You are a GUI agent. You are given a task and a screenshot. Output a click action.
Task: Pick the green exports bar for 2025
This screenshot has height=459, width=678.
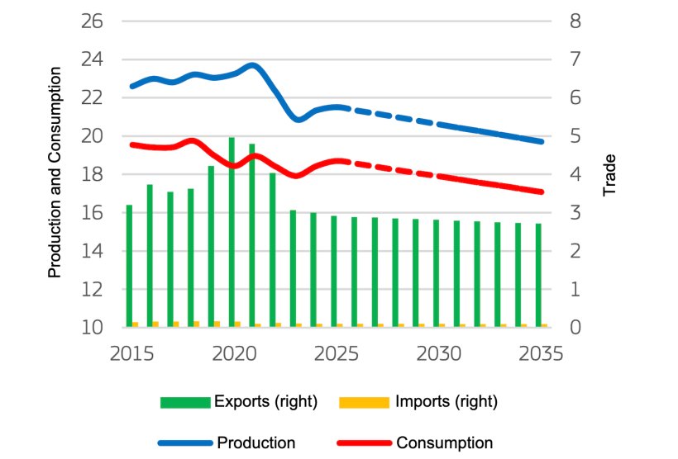pyautogui.click(x=334, y=272)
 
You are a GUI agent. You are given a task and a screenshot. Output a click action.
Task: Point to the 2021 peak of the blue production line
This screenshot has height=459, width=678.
pyautogui.click(x=253, y=65)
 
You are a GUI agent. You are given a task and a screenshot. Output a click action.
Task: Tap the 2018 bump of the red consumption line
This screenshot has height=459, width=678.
pyautogui.click(x=192, y=140)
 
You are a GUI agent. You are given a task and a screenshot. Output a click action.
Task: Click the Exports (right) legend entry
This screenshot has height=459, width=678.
pyautogui.click(x=240, y=402)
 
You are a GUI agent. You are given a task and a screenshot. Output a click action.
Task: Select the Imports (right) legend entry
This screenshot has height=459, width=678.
pyautogui.click(x=418, y=402)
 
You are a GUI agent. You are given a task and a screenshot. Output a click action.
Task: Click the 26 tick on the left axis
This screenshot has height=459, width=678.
pyautogui.click(x=92, y=21)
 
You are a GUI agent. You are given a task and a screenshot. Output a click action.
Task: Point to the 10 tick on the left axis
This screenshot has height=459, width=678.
pyautogui.click(x=92, y=328)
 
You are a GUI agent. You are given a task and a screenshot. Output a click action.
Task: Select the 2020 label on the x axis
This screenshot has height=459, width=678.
pyautogui.click(x=233, y=353)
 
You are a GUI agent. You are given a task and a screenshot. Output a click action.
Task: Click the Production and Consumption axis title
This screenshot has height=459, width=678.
pyautogui.click(x=55, y=173)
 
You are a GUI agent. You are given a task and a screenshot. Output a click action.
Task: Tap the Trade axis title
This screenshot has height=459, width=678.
pyautogui.click(x=610, y=175)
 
